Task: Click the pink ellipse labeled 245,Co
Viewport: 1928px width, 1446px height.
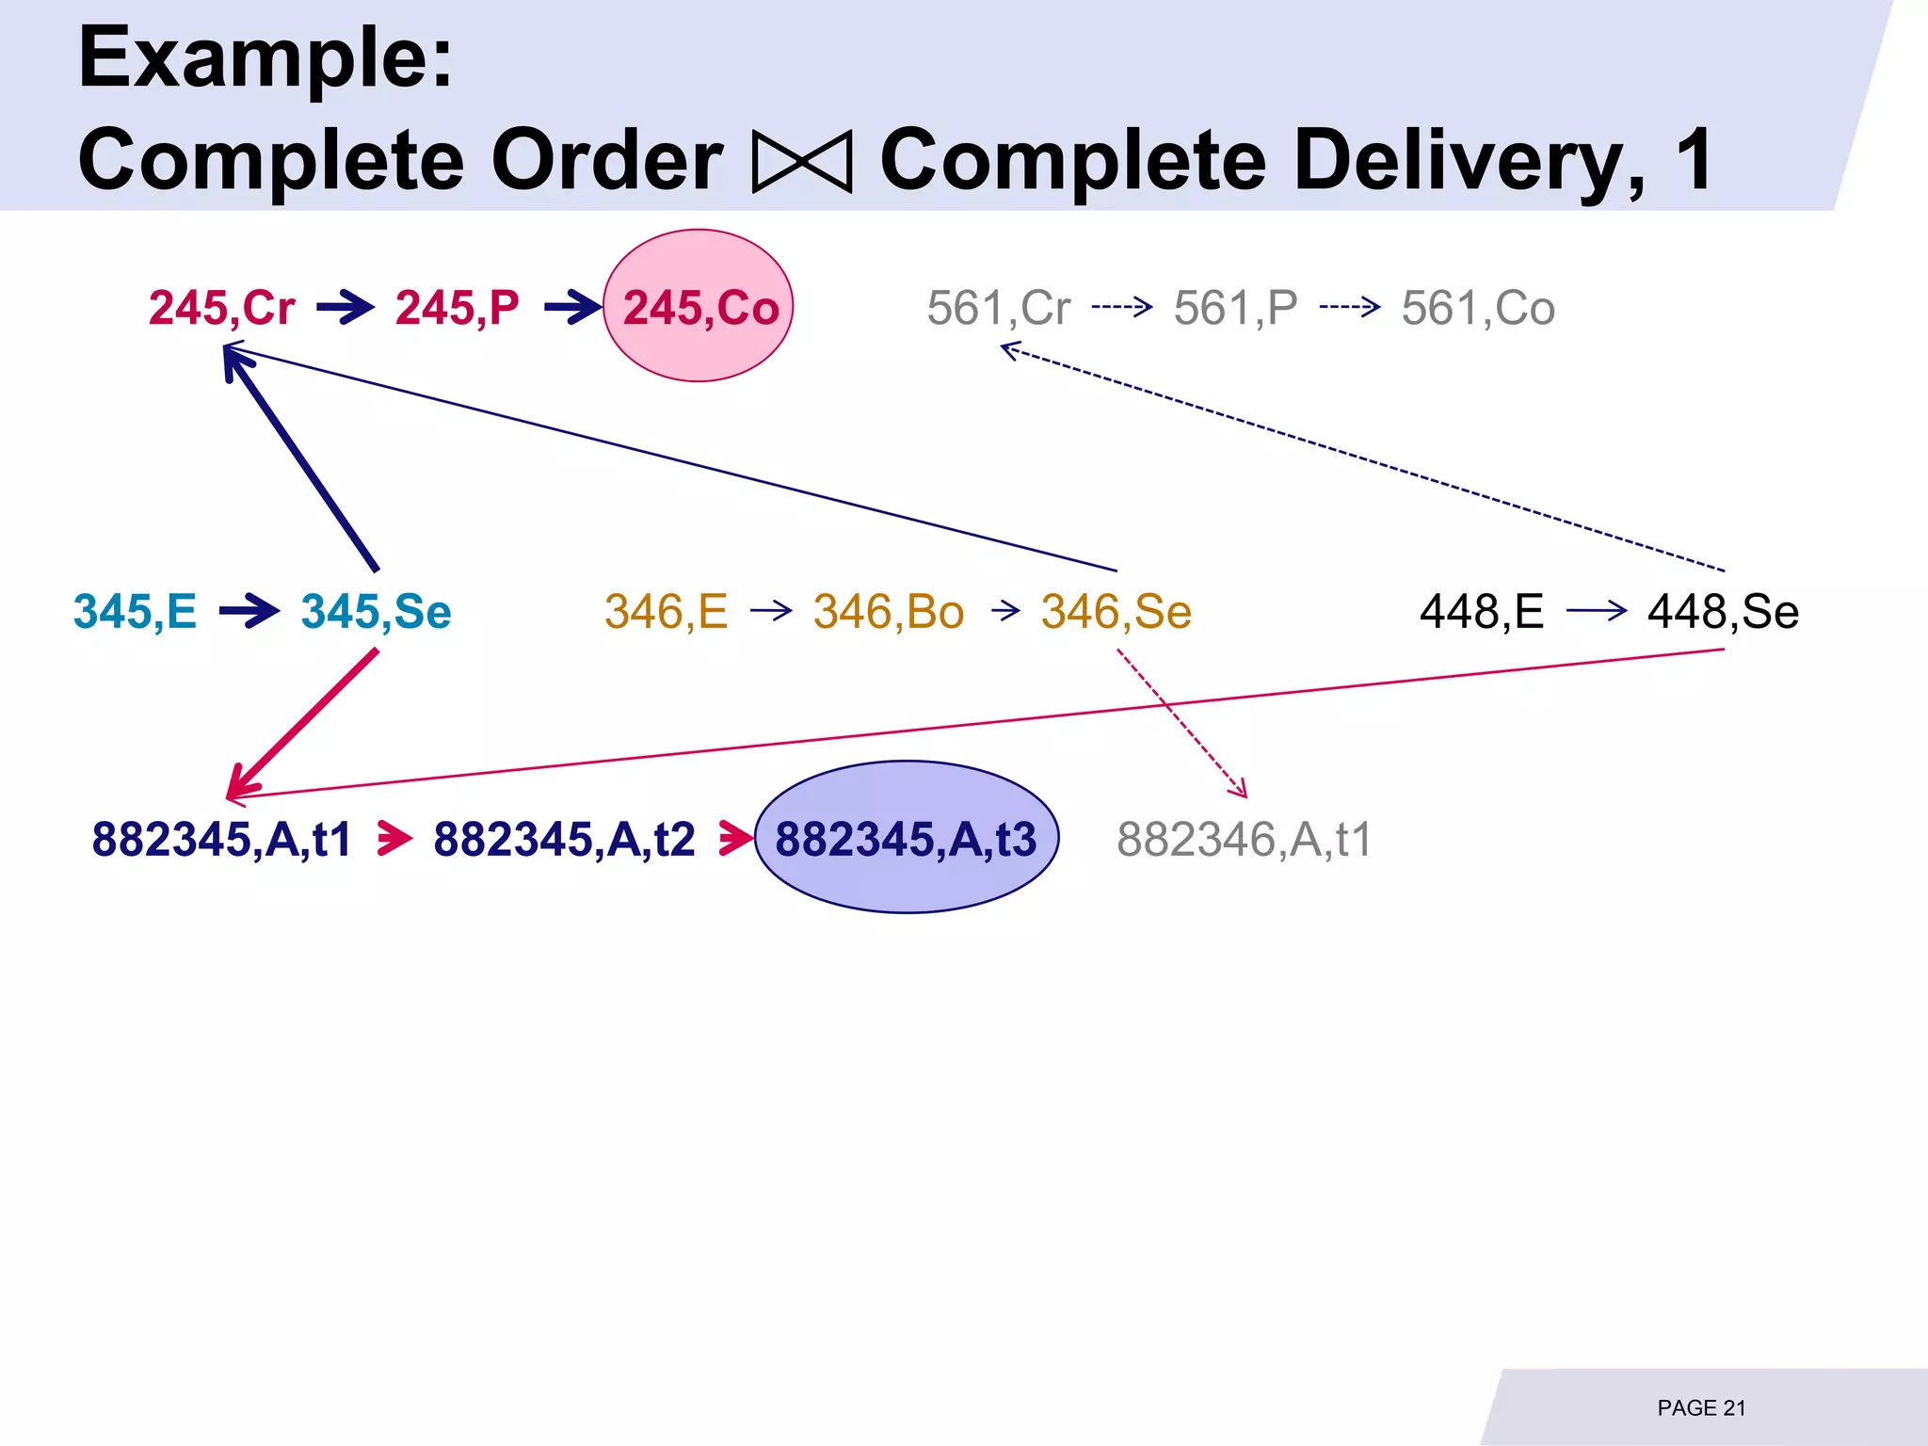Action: [699, 306]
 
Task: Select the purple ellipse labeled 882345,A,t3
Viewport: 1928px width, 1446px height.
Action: [907, 837]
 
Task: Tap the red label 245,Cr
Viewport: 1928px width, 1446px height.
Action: [221, 308]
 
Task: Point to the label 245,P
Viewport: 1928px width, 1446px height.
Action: [457, 308]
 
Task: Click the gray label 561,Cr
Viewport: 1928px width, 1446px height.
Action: [999, 308]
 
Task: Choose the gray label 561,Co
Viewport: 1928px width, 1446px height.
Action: [1478, 308]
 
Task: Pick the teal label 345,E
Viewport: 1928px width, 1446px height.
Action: [136, 612]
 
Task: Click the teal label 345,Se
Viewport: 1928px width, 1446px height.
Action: [376, 612]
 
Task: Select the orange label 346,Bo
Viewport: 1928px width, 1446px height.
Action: [889, 612]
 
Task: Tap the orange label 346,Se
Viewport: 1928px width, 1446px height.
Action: [1117, 612]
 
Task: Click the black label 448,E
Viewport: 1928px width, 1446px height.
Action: [1482, 612]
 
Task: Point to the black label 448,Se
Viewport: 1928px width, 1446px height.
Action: [1723, 612]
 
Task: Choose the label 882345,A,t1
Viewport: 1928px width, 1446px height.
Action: [221, 839]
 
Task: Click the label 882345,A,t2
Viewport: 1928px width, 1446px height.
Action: [564, 839]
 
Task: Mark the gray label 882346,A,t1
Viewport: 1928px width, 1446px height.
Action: [1245, 839]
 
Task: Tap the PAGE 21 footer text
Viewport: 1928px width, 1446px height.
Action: [1701, 1408]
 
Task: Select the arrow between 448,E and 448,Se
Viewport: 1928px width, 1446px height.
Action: [1597, 612]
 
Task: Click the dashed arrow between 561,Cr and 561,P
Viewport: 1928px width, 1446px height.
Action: [1122, 307]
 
